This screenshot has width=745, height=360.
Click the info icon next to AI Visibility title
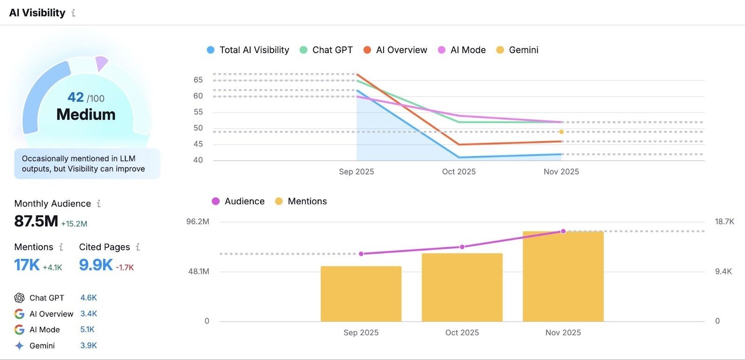(73, 13)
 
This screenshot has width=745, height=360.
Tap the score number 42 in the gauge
(76, 97)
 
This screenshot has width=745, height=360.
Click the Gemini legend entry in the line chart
(517, 50)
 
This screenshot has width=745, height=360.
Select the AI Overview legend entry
(395, 50)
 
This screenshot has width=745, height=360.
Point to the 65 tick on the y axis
(198, 80)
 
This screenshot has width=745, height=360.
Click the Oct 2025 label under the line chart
(459, 171)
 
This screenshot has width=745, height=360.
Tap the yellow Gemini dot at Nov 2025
(561, 132)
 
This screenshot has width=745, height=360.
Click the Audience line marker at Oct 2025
(462, 247)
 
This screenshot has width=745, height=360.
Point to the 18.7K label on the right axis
(724, 221)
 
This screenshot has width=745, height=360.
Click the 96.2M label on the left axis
(198, 221)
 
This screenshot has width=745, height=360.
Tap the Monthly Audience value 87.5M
(36, 221)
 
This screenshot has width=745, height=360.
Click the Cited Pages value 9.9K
(95, 265)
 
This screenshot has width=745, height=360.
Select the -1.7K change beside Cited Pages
(125, 267)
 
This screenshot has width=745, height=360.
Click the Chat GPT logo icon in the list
(19, 298)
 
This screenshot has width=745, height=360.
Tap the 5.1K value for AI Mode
(87, 329)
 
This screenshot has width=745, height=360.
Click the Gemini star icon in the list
(19, 346)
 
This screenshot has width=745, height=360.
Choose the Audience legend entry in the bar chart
(238, 201)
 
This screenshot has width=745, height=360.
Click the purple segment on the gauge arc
(101, 62)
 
